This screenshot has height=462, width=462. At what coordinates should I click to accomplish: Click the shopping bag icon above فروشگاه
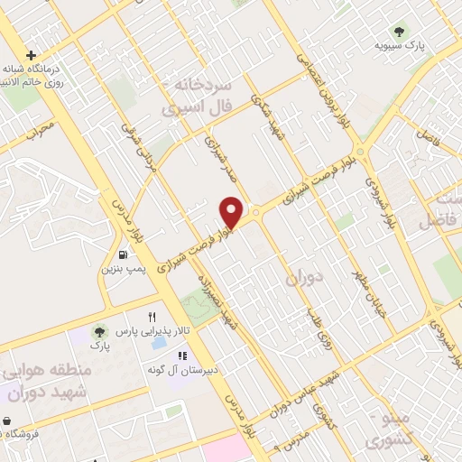(6, 420)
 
